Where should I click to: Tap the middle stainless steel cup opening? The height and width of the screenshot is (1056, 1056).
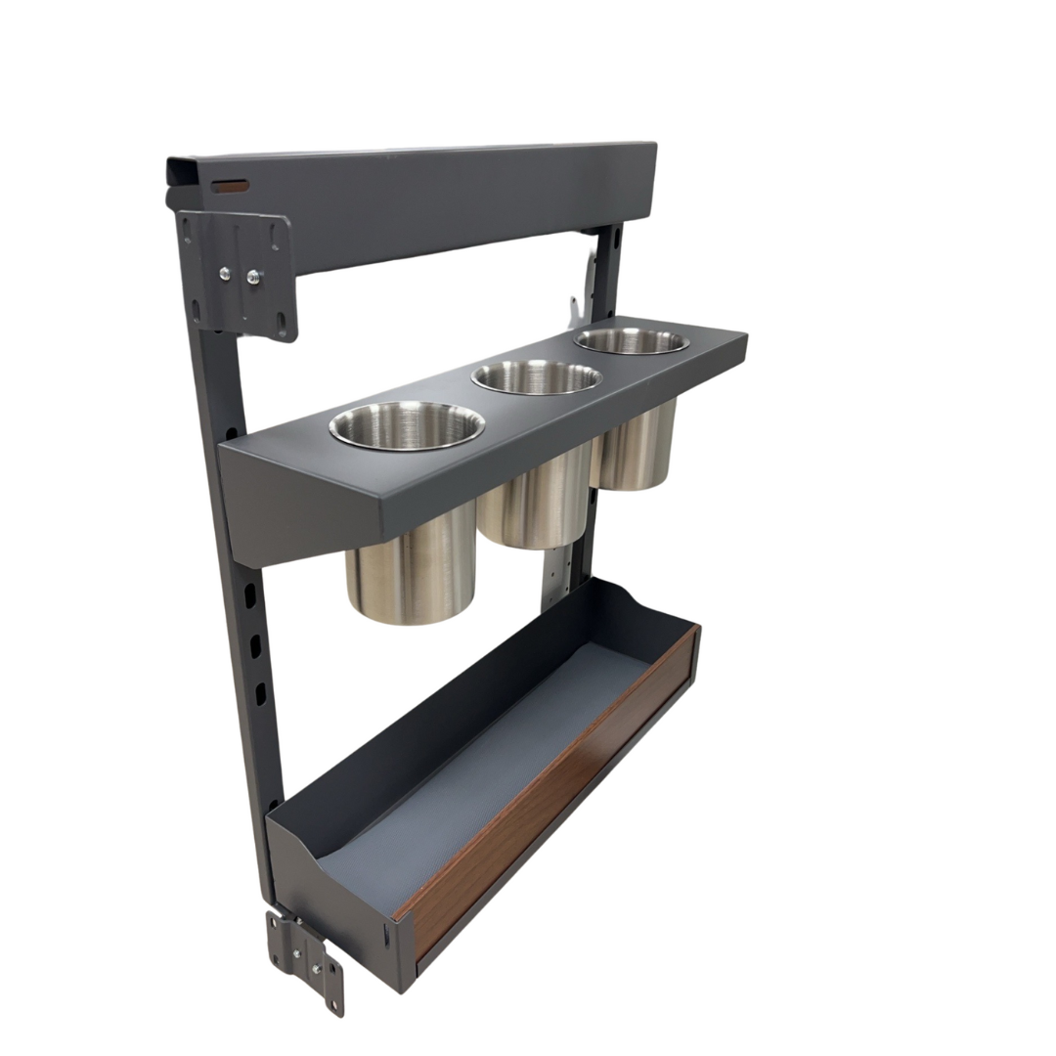[537, 376]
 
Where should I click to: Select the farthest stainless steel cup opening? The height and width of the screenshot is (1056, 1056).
[631, 340]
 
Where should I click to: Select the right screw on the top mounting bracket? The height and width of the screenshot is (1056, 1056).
[253, 278]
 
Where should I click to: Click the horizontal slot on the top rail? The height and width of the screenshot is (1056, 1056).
[231, 185]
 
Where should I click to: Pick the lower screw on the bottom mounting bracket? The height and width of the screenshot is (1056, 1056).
[315, 968]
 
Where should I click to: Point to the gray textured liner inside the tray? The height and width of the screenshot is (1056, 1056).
[489, 763]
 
